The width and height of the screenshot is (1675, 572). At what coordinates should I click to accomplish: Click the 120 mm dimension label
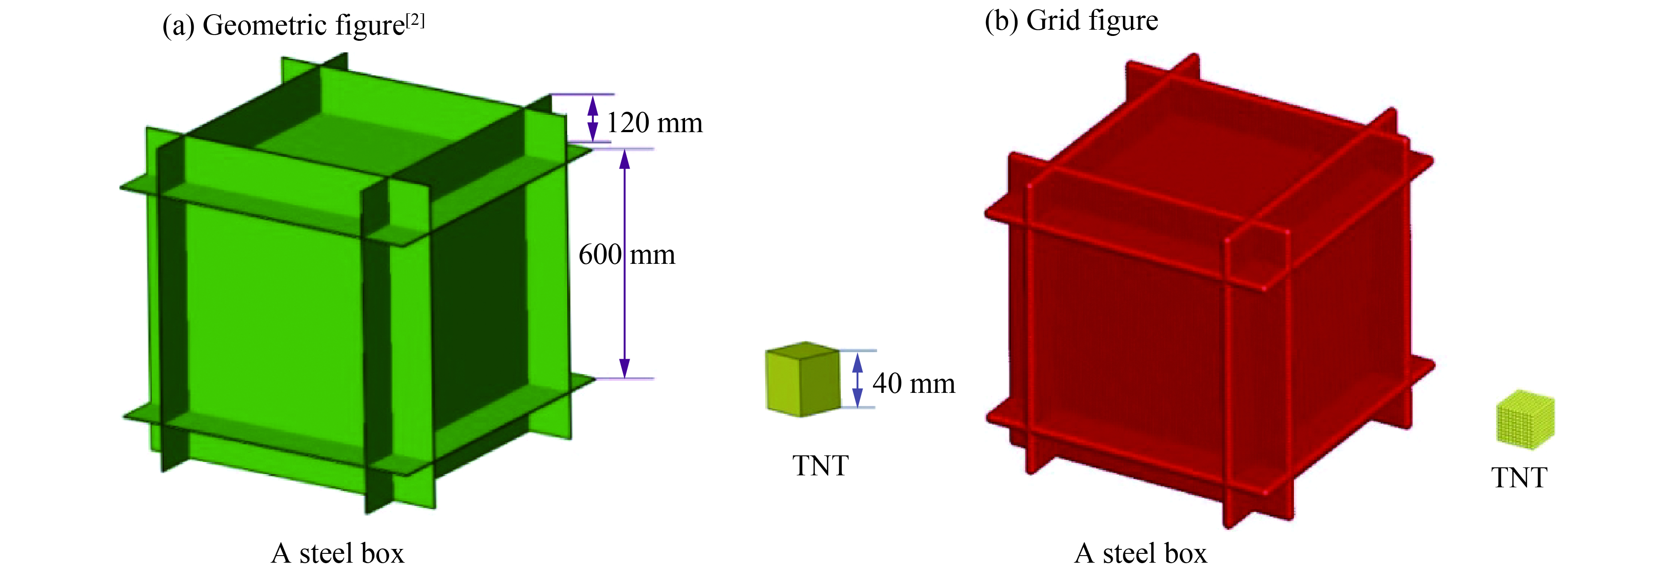pyautogui.click(x=654, y=123)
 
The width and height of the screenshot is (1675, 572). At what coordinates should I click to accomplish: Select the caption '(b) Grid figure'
pyautogui.click(x=1071, y=21)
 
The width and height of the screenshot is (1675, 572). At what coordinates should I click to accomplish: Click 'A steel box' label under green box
pyautogui.click(x=338, y=553)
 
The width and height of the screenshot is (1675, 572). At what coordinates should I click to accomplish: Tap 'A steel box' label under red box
pyautogui.click(x=1141, y=553)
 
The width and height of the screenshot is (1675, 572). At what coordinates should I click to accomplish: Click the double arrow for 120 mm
pyautogui.click(x=592, y=118)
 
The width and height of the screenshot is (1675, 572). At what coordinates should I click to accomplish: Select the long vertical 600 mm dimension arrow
pyautogui.click(x=624, y=263)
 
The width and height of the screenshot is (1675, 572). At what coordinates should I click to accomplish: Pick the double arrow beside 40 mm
pyautogui.click(x=857, y=380)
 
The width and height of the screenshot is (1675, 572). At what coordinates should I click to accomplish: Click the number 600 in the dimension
pyautogui.click(x=600, y=255)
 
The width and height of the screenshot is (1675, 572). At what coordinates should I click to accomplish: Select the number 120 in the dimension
pyautogui.click(x=627, y=123)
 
